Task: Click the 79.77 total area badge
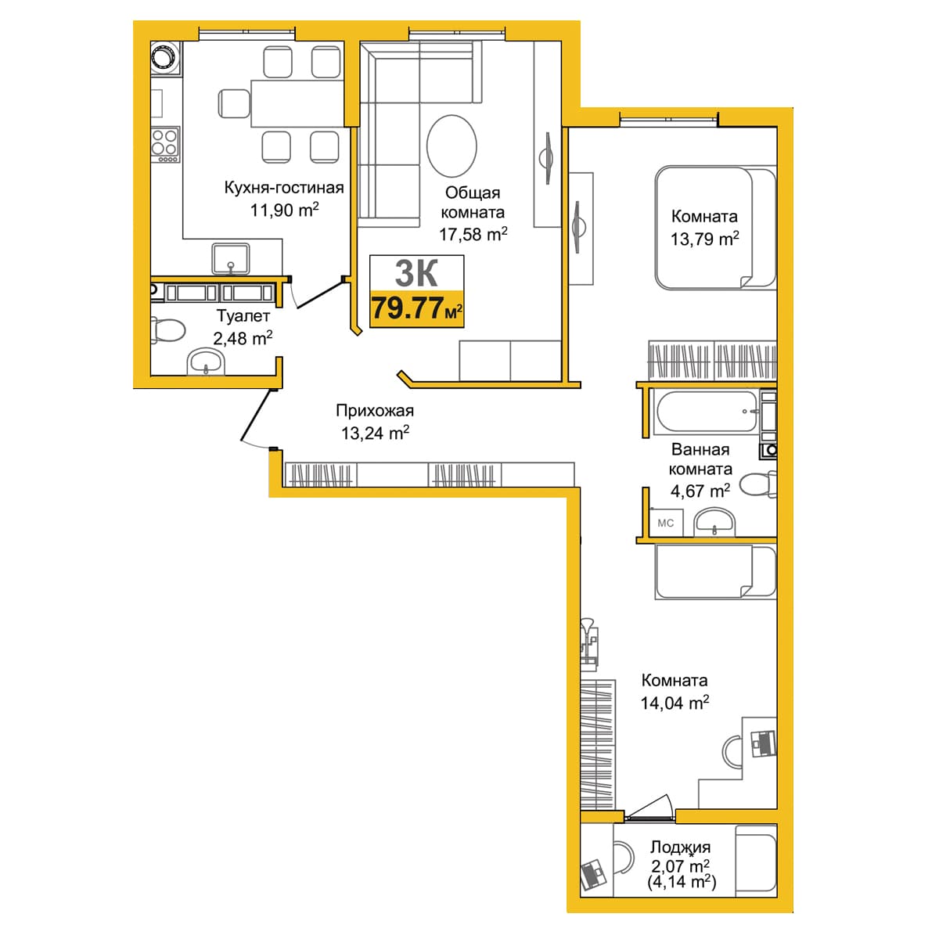416,308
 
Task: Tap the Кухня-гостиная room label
283,188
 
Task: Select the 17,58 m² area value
473,234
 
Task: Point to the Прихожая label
375,411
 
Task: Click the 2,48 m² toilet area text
243,338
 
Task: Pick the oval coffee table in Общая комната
452,146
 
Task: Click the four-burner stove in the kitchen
165,144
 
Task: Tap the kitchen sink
231,259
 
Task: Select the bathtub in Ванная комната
706,412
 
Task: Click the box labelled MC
666,523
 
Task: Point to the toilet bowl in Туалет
168,330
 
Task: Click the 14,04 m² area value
675,703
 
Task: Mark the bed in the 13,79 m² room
715,228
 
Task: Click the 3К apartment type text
416,273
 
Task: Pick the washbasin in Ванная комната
714,522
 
